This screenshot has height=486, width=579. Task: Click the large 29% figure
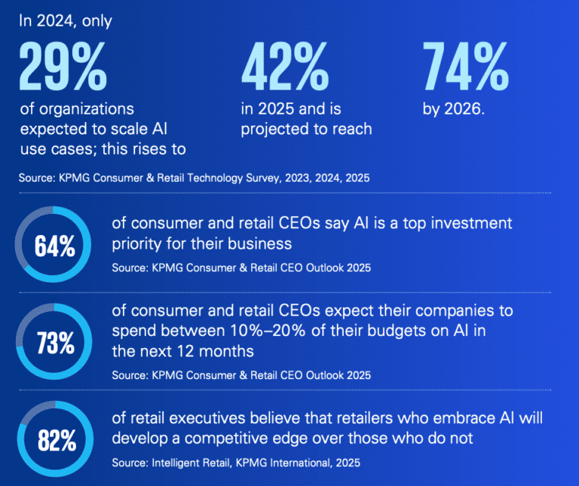pos(63,67)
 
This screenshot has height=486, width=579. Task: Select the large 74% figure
pos(465,67)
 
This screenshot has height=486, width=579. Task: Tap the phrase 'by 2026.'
pos(453,109)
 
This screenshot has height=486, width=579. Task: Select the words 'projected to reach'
pos(306,129)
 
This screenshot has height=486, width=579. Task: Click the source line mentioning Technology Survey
pos(195,179)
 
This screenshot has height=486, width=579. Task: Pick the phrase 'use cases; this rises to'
pos(103,148)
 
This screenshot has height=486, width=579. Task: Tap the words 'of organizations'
pos(77,109)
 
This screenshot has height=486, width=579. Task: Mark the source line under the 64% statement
pos(241,268)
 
